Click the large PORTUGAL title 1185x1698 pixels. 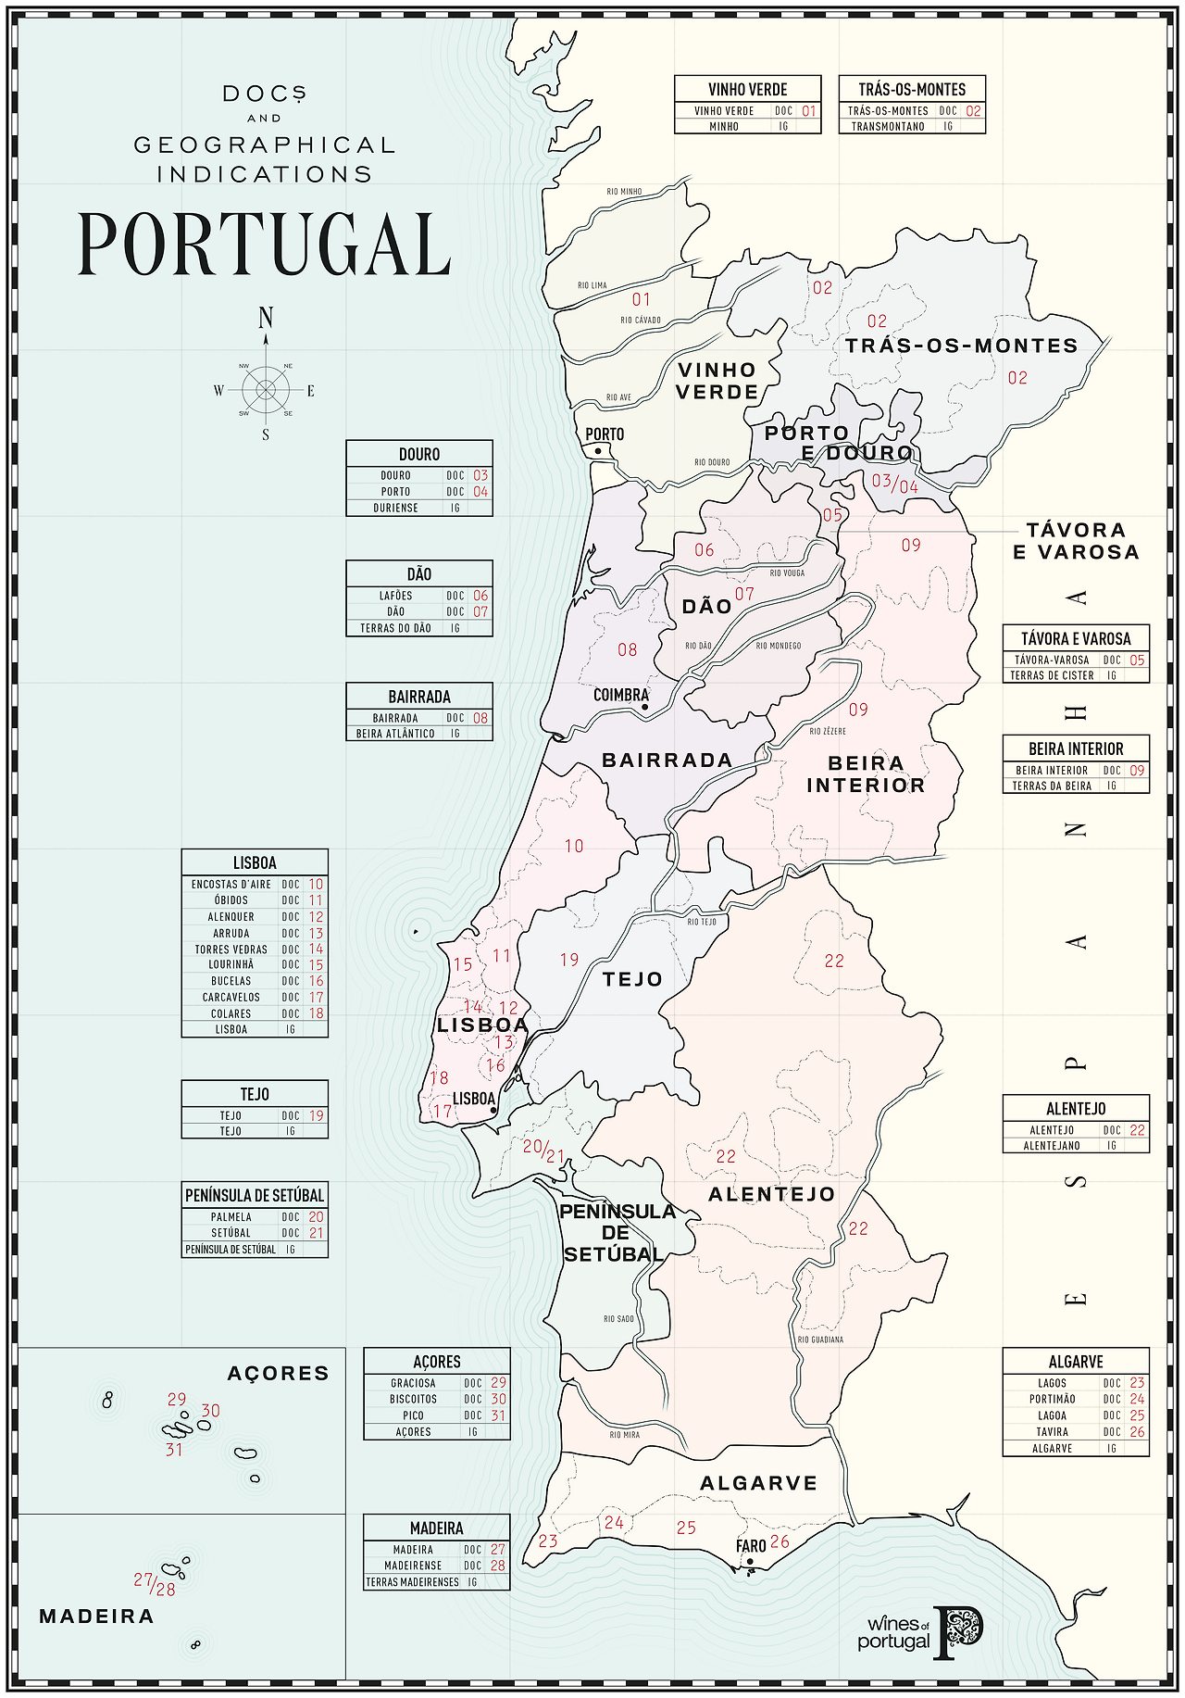coord(264,244)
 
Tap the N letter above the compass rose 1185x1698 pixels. coord(266,319)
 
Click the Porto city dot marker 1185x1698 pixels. coord(598,451)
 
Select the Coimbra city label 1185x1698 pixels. coord(620,695)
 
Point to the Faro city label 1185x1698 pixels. coord(751,1546)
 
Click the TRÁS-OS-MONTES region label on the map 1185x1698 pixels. coord(961,346)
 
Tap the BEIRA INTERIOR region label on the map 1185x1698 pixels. coord(866,774)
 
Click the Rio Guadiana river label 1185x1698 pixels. coord(820,1340)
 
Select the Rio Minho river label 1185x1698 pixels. coord(624,192)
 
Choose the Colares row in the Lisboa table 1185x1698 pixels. coord(231,1013)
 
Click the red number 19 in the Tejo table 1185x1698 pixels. coord(317,1115)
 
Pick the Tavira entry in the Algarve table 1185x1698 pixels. coord(1052,1431)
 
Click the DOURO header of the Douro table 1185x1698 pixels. coord(419,454)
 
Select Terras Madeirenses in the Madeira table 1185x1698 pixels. coord(412,1582)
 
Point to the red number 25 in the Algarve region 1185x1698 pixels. coord(686,1528)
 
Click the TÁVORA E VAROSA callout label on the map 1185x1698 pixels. coord(1076,541)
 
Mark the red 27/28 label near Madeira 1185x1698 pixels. coord(155,1584)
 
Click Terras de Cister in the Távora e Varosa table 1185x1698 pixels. coord(1052,675)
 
